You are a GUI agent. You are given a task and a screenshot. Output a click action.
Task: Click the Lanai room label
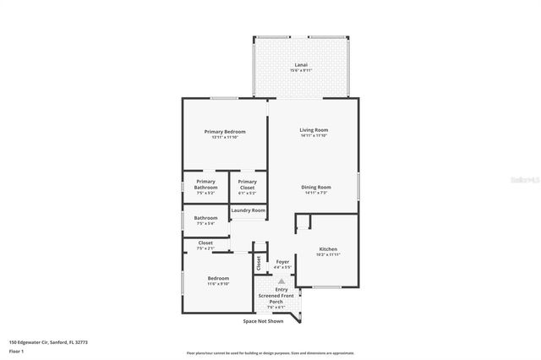pos(301,64)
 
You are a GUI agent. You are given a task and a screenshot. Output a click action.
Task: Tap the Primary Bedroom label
pos(225,132)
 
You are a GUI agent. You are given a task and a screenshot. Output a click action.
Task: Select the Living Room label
pos(313,129)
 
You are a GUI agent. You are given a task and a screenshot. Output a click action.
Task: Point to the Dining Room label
pos(317,187)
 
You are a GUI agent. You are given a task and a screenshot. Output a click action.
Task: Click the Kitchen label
pos(328,248)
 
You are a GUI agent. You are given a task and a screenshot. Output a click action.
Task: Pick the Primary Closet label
pos(247,182)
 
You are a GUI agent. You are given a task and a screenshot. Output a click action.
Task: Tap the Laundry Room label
pos(249,210)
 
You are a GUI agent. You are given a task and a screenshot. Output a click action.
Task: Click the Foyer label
pos(282,261)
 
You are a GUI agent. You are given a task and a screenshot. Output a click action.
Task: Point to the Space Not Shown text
pos(263,322)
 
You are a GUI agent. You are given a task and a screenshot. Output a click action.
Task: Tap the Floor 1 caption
pos(16,351)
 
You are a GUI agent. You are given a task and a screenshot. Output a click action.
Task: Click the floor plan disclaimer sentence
pos(270,353)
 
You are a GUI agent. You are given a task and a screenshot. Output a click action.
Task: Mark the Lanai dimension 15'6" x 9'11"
pos(301,70)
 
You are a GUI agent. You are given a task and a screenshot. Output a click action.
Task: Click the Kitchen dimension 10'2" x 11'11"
pos(328,254)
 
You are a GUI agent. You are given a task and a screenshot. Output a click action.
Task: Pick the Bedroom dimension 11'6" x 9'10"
pos(219,284)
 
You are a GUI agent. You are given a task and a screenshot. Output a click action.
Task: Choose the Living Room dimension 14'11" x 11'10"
pos(313,135)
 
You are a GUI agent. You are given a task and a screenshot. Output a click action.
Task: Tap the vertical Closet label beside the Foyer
pos(258,264)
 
